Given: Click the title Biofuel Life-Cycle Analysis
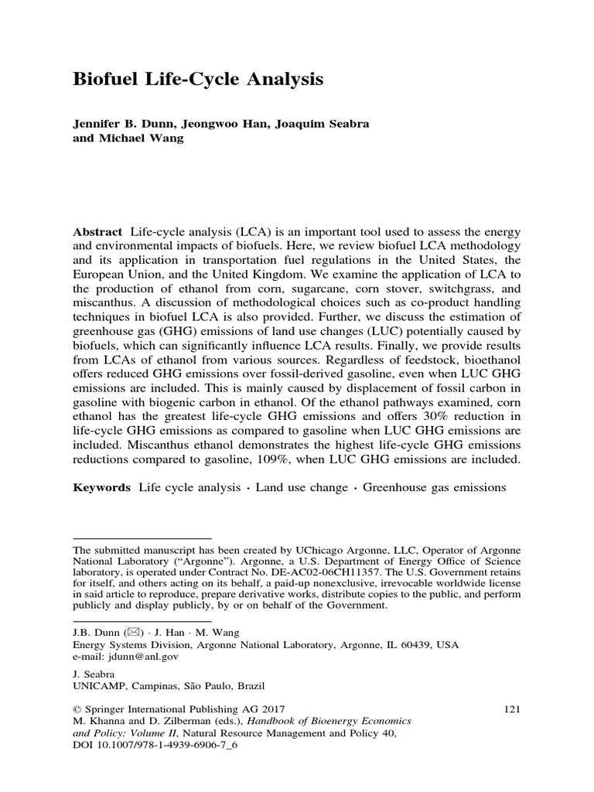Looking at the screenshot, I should point(197,80).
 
